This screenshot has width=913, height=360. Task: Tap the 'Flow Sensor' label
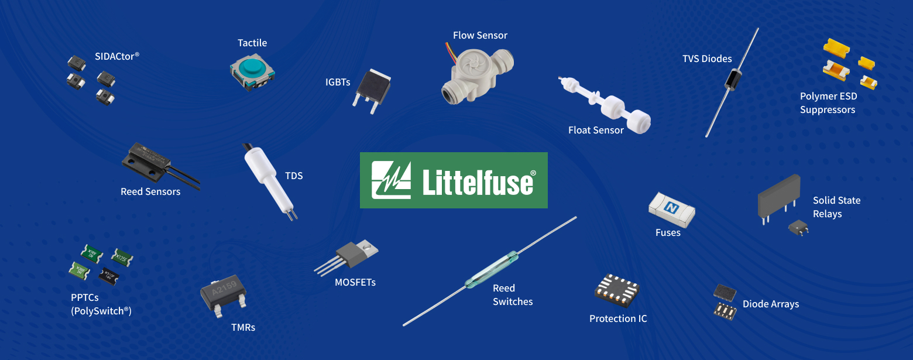coord(480,36)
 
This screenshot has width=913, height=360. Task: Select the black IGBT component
coord(372,91)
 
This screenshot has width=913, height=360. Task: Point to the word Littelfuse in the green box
coord(478,181)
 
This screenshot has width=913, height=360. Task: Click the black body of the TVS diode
coord(733,79)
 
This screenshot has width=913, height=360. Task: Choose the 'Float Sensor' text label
coord(596,130)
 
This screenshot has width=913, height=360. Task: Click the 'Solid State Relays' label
coord(836,207)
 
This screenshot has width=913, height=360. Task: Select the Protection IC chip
coord(617,290)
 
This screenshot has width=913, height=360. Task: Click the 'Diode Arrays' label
coord(771,304)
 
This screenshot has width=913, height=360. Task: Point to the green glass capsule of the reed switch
coord(492,270)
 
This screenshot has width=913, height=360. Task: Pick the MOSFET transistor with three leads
coord(346,257)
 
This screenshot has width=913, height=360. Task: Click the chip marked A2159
coord(224,296)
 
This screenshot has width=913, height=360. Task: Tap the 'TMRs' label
coord(243,327)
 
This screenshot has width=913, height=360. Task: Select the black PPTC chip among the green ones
coord(109,276)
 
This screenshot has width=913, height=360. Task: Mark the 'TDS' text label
coord(294,176)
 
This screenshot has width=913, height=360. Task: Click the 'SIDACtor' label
coord(117,56)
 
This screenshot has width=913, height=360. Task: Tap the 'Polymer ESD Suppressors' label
coord(828,103)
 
